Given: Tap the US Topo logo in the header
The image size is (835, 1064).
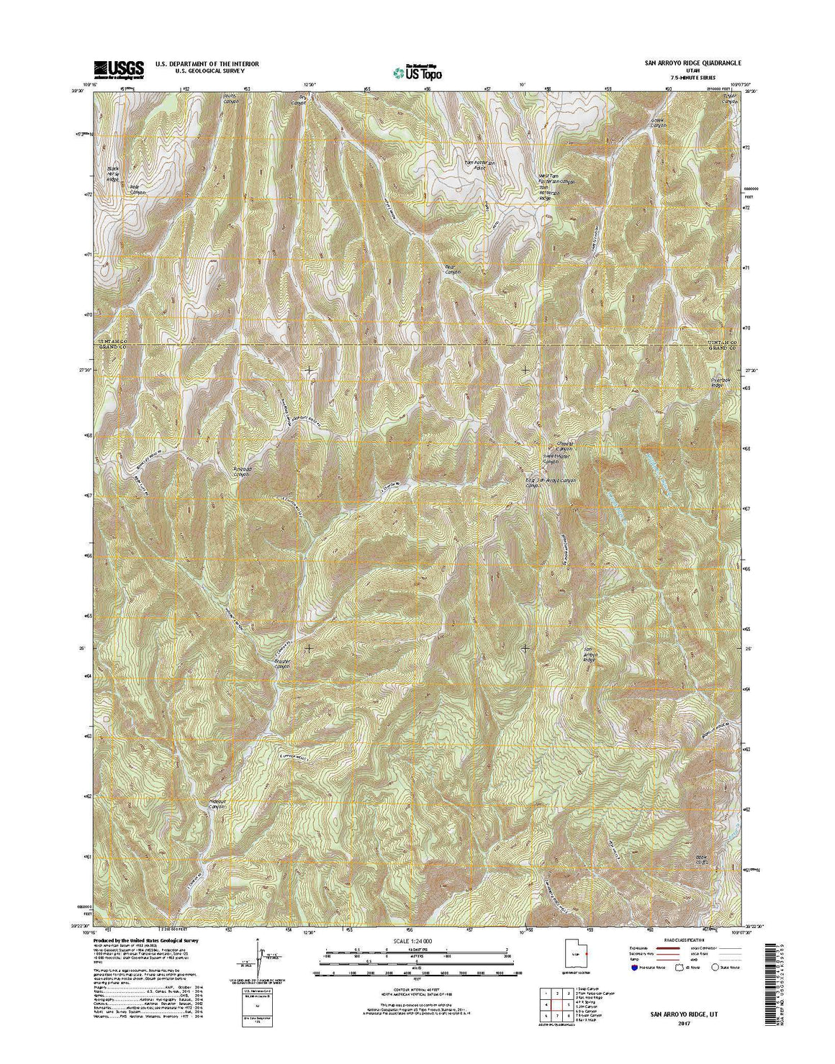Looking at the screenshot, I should click(417, 71).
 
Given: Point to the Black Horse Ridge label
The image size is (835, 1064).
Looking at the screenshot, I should click(112, 173).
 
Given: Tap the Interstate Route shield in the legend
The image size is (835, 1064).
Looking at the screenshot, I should click(635, 968).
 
